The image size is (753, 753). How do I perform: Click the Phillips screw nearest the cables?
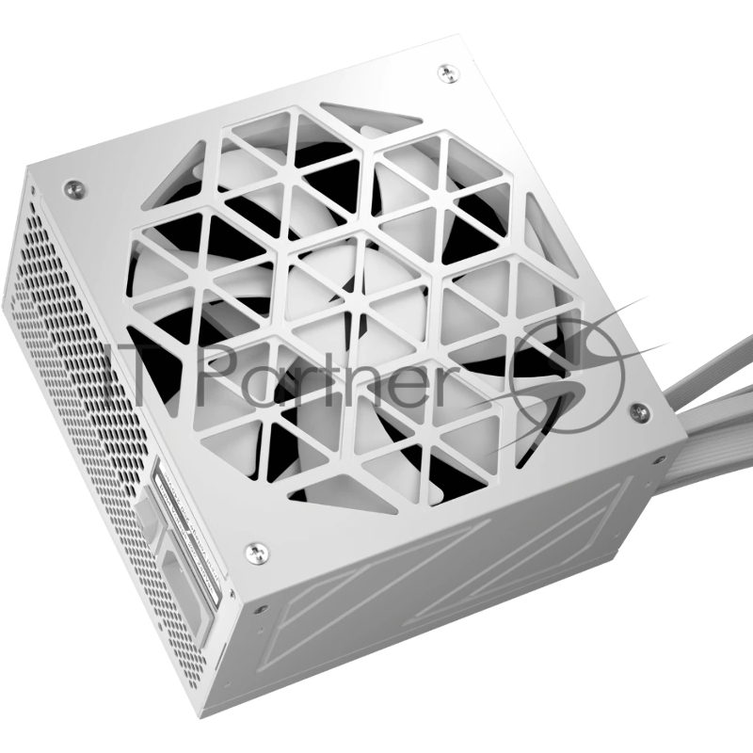pos(639,410)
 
